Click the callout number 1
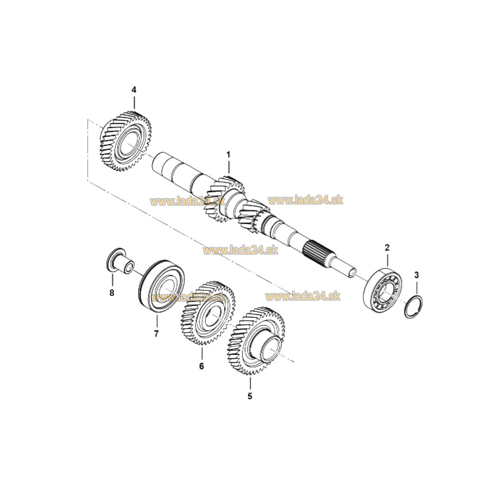229,155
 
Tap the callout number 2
387,247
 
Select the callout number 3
417,274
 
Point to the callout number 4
134,90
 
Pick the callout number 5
250,396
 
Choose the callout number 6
201,366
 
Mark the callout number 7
156,334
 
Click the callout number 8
112,293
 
